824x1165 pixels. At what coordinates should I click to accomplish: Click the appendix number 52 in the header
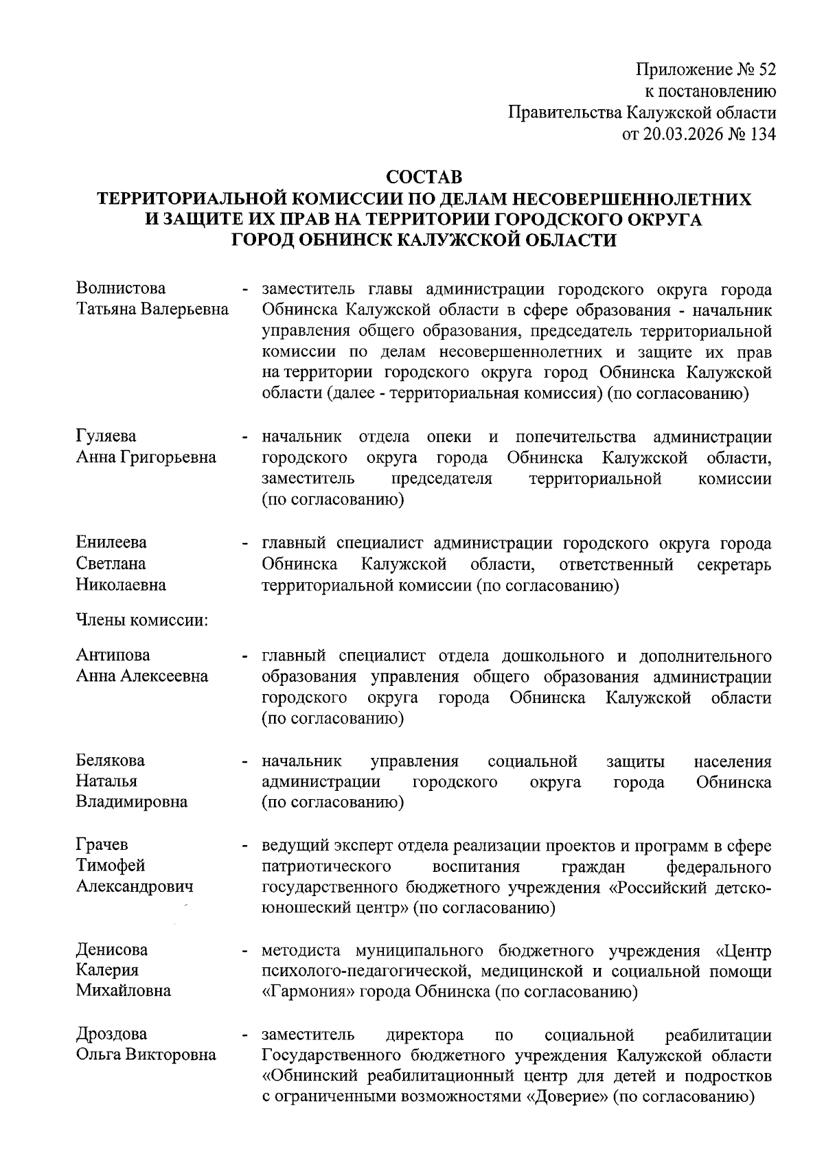766,69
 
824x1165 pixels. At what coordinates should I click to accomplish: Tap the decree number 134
763,135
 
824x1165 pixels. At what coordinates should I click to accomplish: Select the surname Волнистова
121,288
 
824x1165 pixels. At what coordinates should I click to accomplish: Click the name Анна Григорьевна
146,457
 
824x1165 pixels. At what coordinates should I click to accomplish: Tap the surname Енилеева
111,542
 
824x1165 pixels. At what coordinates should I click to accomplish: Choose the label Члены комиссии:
141,621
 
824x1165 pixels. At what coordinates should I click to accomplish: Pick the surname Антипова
113,655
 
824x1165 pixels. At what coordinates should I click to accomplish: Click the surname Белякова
111,761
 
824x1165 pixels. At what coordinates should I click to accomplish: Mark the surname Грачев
102,845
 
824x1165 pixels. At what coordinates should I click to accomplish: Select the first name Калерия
107,970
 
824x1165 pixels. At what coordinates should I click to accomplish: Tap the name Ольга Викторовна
146,1054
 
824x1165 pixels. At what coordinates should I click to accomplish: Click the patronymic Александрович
135,886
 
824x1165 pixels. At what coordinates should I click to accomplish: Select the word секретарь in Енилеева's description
734,565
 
